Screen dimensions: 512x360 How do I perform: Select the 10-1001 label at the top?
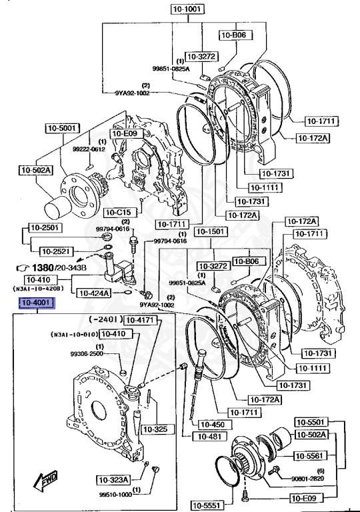point(186,10)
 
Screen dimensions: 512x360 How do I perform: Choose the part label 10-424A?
point(93,292)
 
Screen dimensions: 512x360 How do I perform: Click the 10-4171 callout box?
point(141,321)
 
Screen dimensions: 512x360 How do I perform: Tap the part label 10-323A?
point(113,479)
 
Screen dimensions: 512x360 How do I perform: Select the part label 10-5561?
point(311,456)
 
